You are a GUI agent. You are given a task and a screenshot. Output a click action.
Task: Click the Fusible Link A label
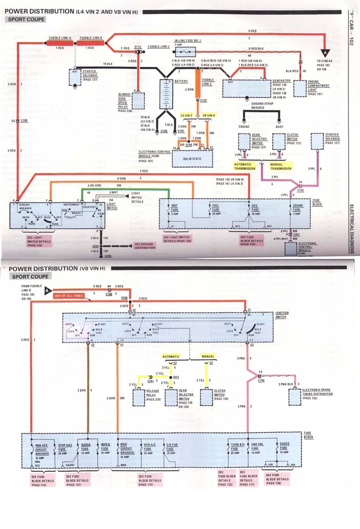point(60,38)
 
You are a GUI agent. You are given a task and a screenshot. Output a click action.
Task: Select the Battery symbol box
point(165,94)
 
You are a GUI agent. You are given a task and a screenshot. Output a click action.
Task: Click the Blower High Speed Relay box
point(138,101)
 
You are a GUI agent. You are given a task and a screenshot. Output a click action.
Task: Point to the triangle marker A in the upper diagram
point(325,52)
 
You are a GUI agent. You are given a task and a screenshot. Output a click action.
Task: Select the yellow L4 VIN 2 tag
point(186,115)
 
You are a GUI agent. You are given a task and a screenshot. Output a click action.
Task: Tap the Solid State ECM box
point(192,159)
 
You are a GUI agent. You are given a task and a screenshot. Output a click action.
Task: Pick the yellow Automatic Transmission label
point(245,166)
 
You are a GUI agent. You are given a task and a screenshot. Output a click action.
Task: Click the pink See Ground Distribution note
point(144,246)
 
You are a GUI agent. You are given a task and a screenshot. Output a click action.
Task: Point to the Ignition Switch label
point(282,315)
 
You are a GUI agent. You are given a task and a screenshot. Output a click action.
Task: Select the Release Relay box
point(138,397)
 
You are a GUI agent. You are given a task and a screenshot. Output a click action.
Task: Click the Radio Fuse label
point(86,447)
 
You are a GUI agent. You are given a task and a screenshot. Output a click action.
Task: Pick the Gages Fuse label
point(284,446)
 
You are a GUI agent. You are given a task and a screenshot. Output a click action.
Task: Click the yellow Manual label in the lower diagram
point(208,356)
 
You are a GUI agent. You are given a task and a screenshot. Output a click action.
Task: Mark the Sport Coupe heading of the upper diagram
point(26,19)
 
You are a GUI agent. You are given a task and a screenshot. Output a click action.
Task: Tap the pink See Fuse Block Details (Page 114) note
point(42,481)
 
